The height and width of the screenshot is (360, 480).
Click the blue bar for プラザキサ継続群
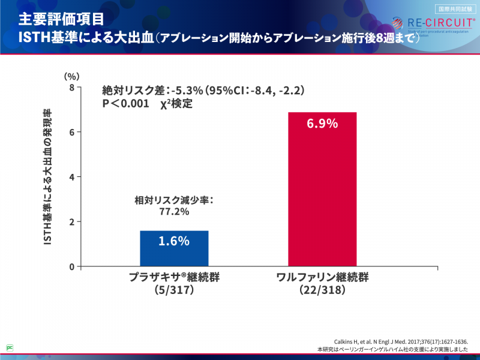tap(174, 248)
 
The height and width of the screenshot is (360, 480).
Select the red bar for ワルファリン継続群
tap(322, 189)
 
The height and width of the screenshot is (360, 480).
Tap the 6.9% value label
tap(322, 124)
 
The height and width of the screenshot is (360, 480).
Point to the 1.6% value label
tap(174, 241)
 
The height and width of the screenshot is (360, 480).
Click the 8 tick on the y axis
tap(71, 88)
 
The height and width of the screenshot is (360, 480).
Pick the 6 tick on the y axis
tap(71, 132)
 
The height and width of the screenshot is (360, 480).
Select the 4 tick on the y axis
tap(71, 177)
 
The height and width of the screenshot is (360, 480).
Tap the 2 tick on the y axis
tap(71, 221)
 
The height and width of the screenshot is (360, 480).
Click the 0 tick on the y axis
tap(71, 266)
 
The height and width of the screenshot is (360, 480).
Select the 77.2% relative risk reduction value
tap(174, 212)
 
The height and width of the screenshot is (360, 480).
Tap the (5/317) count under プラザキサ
tap(174, 290)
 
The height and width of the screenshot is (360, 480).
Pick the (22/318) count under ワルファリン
tap(322, 290)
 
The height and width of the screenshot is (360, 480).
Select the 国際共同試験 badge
tap(455, 8)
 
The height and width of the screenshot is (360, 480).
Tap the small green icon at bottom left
tap(10, 347)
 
